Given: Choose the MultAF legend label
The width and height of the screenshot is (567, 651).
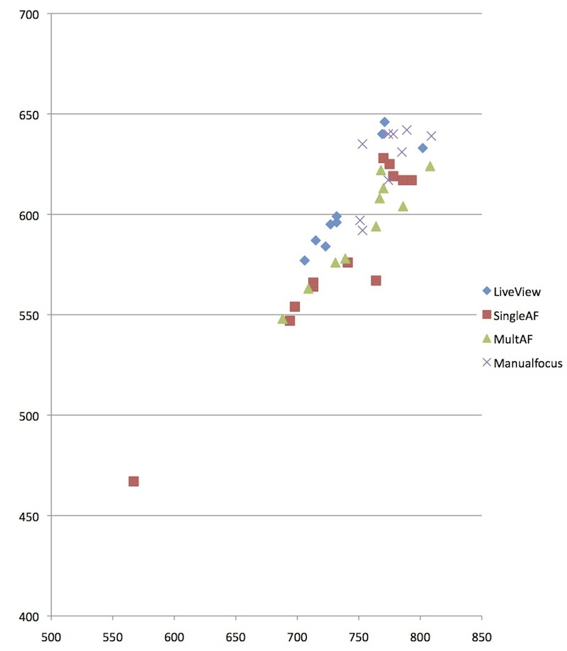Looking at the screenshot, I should (513, 339).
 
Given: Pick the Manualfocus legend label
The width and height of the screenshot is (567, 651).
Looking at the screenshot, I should (528, 363).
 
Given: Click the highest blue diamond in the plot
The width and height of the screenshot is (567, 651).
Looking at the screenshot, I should (384, 122).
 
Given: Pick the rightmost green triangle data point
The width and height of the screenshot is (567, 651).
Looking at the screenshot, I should (430, 166).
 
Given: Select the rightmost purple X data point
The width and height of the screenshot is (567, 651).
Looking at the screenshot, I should (431, 136).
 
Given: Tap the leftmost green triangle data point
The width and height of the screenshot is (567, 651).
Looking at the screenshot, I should (282, 319).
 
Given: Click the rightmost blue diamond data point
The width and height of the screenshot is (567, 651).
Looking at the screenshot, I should (422, 148).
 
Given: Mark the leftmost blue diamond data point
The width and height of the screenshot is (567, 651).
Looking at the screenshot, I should (305, 261).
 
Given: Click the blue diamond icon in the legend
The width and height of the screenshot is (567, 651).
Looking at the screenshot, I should (487, 290).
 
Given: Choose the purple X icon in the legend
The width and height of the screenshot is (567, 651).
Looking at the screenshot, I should (487, 363).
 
